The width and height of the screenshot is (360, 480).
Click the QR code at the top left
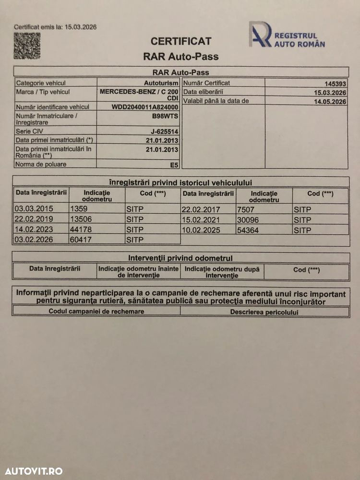(27, 46)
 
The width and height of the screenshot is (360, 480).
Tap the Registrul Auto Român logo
(287, 36)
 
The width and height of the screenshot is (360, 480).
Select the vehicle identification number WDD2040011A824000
(145, 107)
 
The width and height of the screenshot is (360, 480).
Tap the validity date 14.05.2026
(330, 101)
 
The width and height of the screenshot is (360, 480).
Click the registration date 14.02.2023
(34, 229)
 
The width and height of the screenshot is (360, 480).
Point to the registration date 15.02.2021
(201, 219)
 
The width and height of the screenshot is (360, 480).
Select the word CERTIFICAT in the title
(181, 42)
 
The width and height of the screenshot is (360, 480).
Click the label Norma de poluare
(41, 164)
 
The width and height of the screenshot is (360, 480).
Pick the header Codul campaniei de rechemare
(96, 312)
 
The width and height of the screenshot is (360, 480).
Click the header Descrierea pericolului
(264, 312)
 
